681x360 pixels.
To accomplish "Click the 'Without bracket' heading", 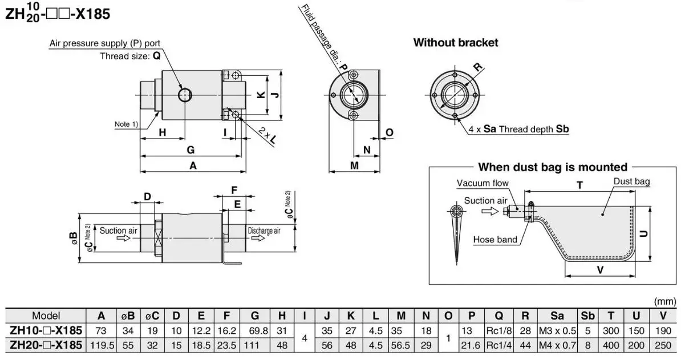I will pos(455,42).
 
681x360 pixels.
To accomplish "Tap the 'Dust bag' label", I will pos(631,181).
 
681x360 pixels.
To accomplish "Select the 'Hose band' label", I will pos(495,240).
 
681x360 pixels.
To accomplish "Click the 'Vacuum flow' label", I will pos(483,183).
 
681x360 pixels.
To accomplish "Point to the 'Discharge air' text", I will pos(264,231).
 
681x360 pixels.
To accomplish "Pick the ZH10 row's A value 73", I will pos(101,330).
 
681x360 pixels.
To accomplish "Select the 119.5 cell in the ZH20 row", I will pos(101,345).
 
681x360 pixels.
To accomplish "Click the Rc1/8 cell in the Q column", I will pos(498,330).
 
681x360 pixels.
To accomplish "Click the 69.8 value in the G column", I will pos(254,330).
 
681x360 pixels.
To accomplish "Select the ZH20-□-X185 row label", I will pos(46,345).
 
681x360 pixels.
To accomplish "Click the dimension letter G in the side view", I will pos(190,150).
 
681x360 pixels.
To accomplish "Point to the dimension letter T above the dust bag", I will pos(579,185).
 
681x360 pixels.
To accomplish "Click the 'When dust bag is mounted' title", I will pos(552,167).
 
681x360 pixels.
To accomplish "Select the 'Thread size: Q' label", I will pos(130,56).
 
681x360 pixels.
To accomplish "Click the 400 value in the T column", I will pos(611,345).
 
